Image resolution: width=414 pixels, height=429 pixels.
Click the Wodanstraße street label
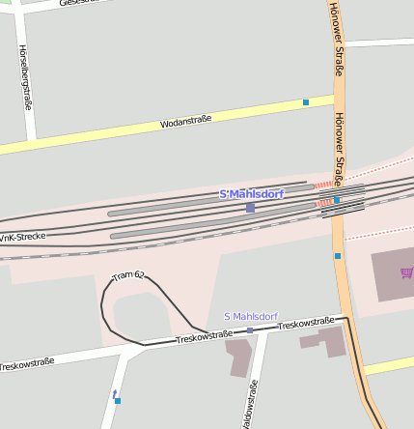186,122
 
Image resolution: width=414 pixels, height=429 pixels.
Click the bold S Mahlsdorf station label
251,194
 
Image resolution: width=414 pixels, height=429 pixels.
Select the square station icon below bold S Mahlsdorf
250,207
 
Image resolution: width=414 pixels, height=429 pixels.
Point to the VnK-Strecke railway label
22,237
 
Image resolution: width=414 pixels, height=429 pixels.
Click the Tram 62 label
128,277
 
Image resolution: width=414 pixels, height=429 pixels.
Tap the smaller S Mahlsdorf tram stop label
250,317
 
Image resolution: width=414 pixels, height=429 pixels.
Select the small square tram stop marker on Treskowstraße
250,330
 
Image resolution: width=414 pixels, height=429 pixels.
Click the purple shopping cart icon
406,273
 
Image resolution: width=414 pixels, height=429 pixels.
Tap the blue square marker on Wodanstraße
306,101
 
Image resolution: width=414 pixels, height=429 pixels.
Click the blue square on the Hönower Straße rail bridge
336,200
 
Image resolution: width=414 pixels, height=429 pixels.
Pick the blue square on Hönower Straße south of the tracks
338,256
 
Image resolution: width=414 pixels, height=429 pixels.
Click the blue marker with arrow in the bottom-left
117,396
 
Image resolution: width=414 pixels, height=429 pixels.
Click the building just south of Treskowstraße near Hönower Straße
326,341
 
